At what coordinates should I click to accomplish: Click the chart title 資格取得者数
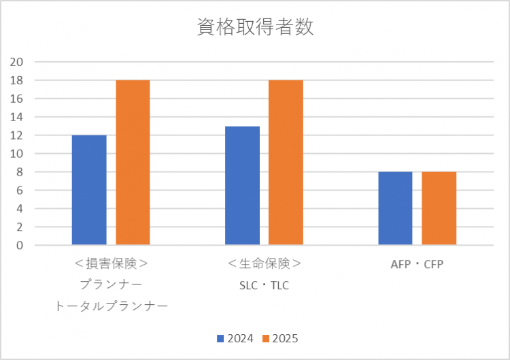(x=255, y=28)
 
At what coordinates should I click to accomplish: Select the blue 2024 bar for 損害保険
(x=89, y=190)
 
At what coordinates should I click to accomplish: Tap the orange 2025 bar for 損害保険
(x=133, y=163)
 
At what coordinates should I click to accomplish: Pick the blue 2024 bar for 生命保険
(x=242, y=185)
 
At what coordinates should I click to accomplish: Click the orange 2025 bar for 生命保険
(x=286, y=163)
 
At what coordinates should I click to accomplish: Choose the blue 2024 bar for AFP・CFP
(x=395, y=208)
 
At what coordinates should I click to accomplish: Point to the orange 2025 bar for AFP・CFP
(x=439, y=208)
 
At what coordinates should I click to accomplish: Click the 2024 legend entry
(x=236, y=338)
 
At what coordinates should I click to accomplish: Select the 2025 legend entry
(x=280, y=338)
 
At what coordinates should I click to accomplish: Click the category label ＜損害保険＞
(x=111, y=263)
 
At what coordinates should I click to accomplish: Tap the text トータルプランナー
(x=111, y=306)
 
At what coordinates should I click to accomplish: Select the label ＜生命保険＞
(x=264, y=263)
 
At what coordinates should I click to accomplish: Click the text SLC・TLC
(x=264, y=285)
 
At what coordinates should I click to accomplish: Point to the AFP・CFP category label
(x=417, y=263)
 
